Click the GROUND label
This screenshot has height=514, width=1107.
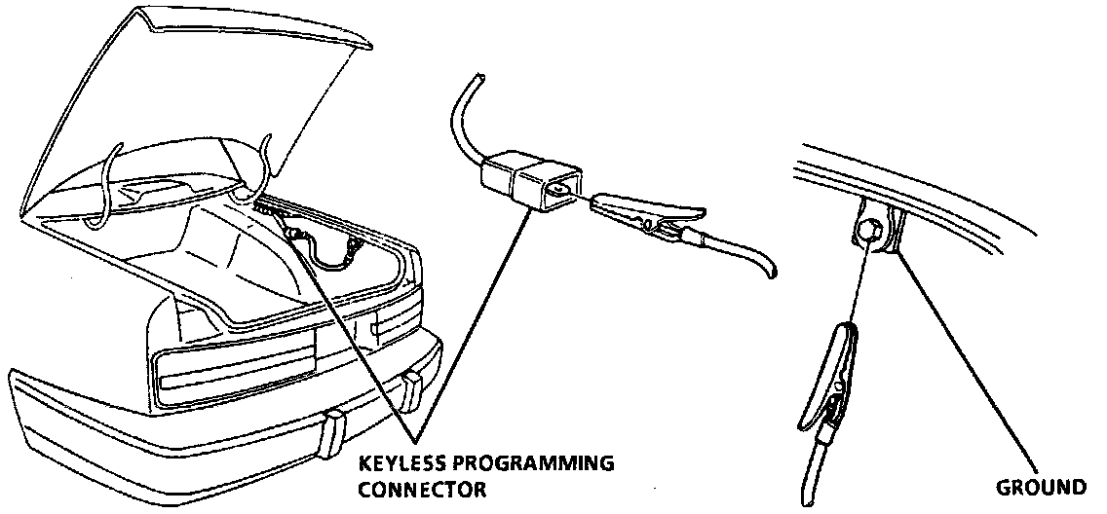point(1042,487)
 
